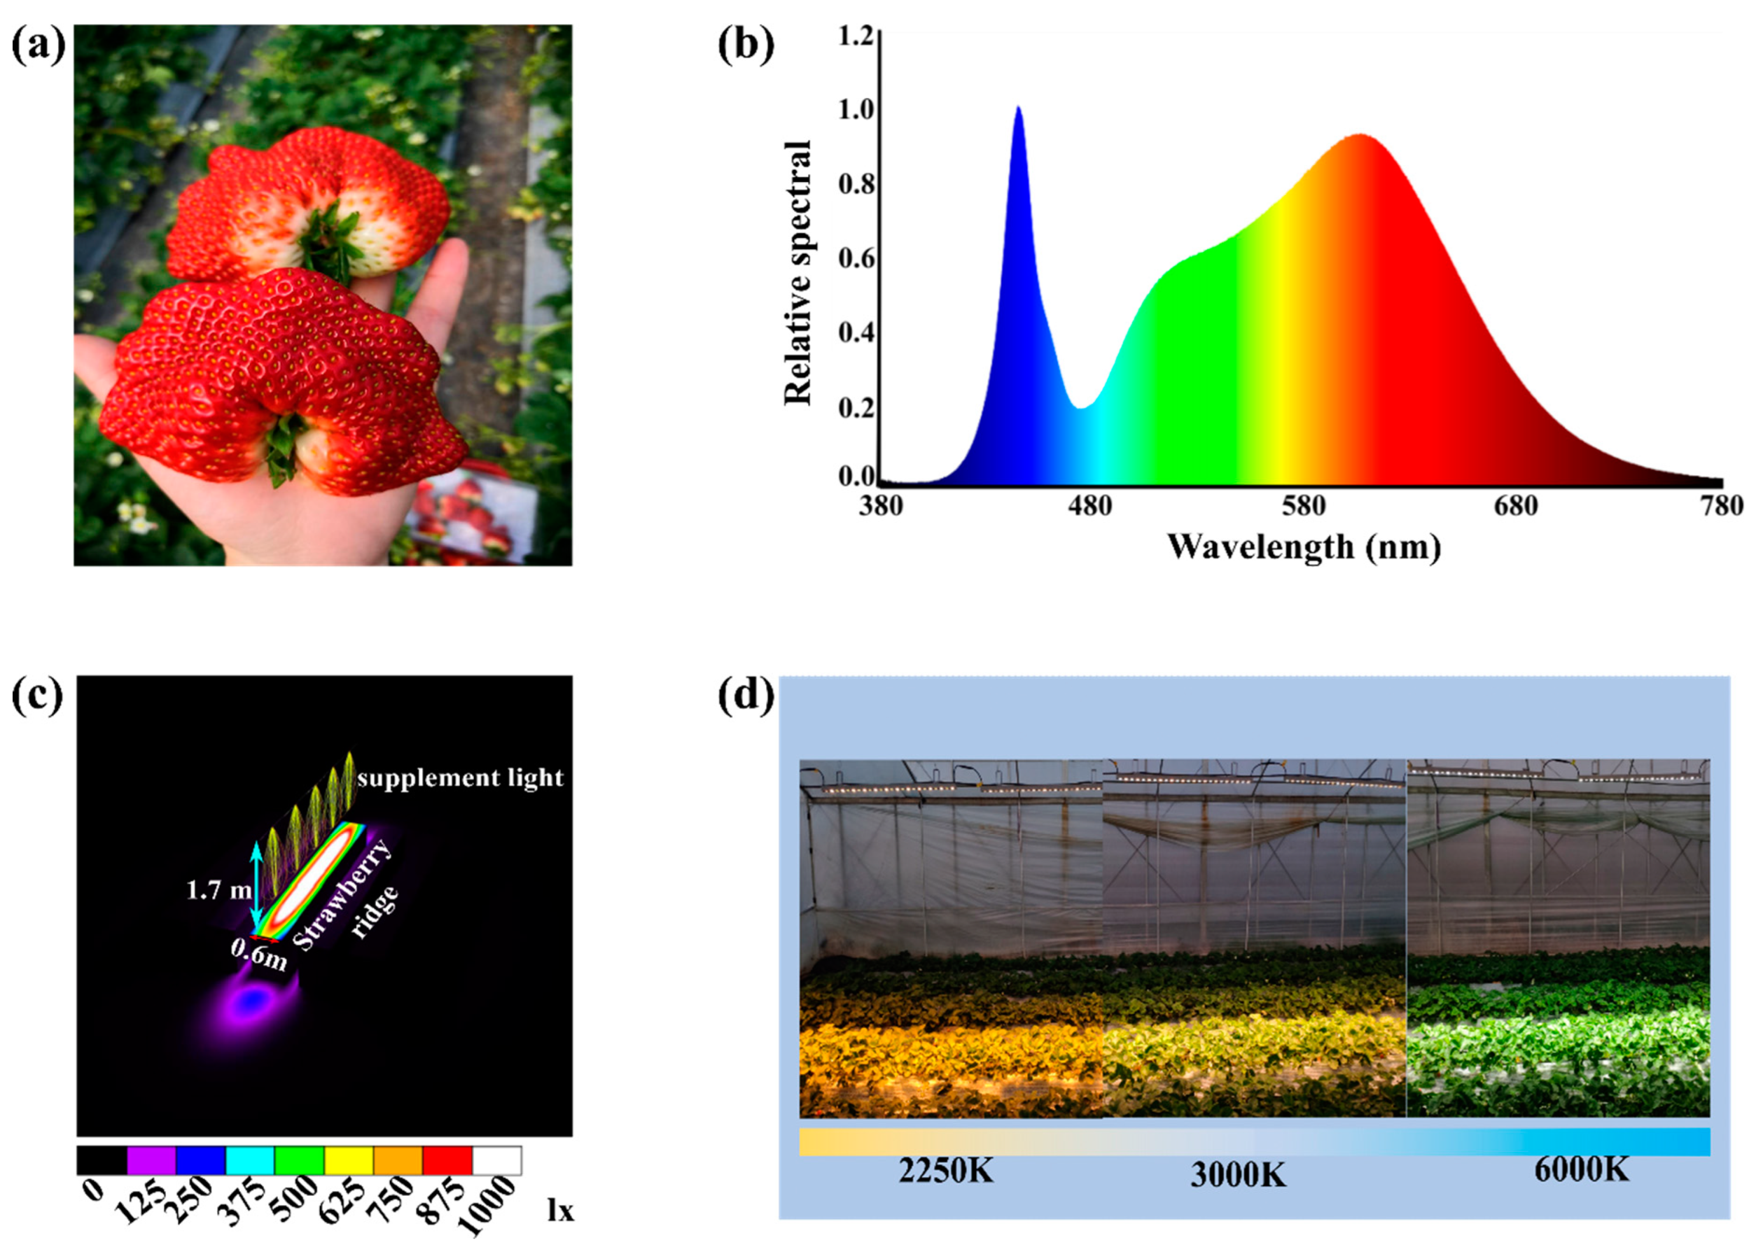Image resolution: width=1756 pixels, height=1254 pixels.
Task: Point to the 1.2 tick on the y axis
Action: pyautogui.click(x=856, y=36)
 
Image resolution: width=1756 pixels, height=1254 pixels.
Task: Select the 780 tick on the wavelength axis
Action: pyautogui.click(x=1721, y=506)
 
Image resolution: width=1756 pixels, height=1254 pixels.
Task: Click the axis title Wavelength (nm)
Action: pyautogui.click(x=1303, y=548)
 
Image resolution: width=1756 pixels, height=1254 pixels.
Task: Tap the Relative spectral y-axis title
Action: pyautogui.click(x=797, y=272)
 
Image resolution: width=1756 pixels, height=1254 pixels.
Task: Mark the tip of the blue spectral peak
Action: pyautogui.click(x=1019, y=107)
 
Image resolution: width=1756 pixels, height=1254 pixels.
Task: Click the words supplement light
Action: pyautogui.click(x=460, y=777)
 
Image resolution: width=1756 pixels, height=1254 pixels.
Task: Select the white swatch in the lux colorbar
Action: pyautogui.click(x=496, y=1160)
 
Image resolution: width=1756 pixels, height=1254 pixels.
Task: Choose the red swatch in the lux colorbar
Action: pyautogui.click(x=447, y=1160)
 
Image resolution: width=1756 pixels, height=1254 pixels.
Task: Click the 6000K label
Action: pyautogui.click(x=1582, y=1170)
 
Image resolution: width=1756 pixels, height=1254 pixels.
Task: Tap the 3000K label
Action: pyautogui.click(x=1238, y=1175)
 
